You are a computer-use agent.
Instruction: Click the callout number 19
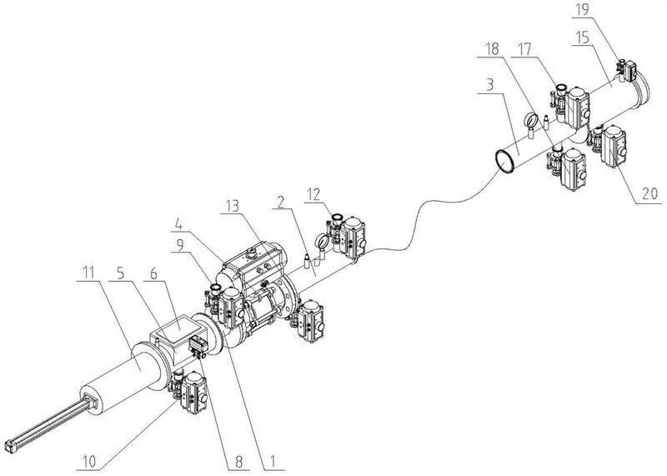[581, 9]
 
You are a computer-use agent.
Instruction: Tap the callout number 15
[581, 38]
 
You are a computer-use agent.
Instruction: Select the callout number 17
[525, 49]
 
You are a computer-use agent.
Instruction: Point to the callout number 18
[492, 49]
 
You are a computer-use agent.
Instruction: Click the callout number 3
[489, 85]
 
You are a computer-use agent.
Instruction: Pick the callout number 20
[649, 193]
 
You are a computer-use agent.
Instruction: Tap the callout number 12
[314, 194]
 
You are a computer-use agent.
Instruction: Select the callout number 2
[280, 203]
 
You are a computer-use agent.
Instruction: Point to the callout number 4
[179, 223]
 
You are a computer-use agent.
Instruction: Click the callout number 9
[179, 244]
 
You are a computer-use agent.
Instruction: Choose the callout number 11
[88, 273]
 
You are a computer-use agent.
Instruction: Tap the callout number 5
[121, 273]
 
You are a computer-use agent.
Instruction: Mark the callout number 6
[153, 273]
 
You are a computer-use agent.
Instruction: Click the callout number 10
[89, 462]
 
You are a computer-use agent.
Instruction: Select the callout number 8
[238, 462]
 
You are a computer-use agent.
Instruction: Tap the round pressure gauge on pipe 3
[530, 119]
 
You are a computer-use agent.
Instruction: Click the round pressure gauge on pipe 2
[322, 243]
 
